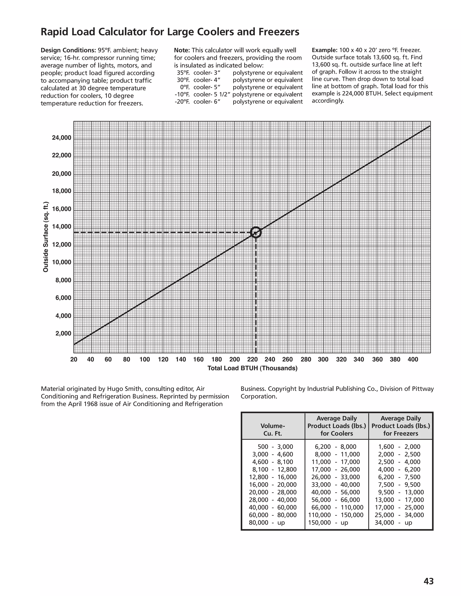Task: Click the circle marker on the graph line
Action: tap(256, 232)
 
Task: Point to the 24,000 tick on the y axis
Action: tap(61, 138)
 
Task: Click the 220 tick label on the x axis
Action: tap(252, 359)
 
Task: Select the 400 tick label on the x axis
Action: tap(413, 359)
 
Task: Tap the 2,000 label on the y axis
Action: tap(63, 334)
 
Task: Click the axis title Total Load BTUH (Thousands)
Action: tap(252, 368)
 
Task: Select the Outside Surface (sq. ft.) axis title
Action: tap(46, 237)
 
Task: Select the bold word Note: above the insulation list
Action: tap(182, 50)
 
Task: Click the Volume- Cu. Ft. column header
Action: tap(273, 430)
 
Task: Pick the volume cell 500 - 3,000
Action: tap(275, 447)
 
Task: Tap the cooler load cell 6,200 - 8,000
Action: tap(335, 447)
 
